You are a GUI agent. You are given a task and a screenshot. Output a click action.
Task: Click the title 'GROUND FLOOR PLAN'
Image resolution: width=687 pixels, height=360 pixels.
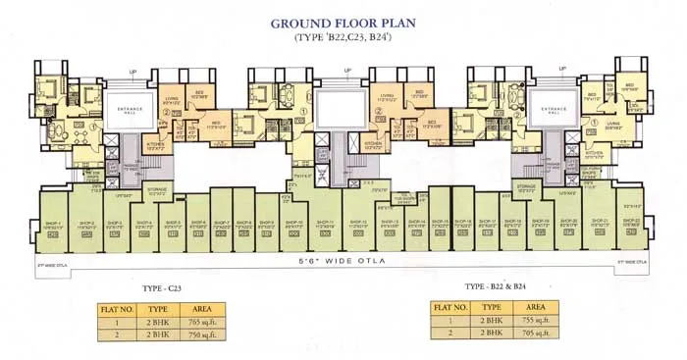click(x=343, y=22)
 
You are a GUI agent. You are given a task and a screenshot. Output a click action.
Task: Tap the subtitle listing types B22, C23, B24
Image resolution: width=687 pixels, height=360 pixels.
click(x=343, y=37)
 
